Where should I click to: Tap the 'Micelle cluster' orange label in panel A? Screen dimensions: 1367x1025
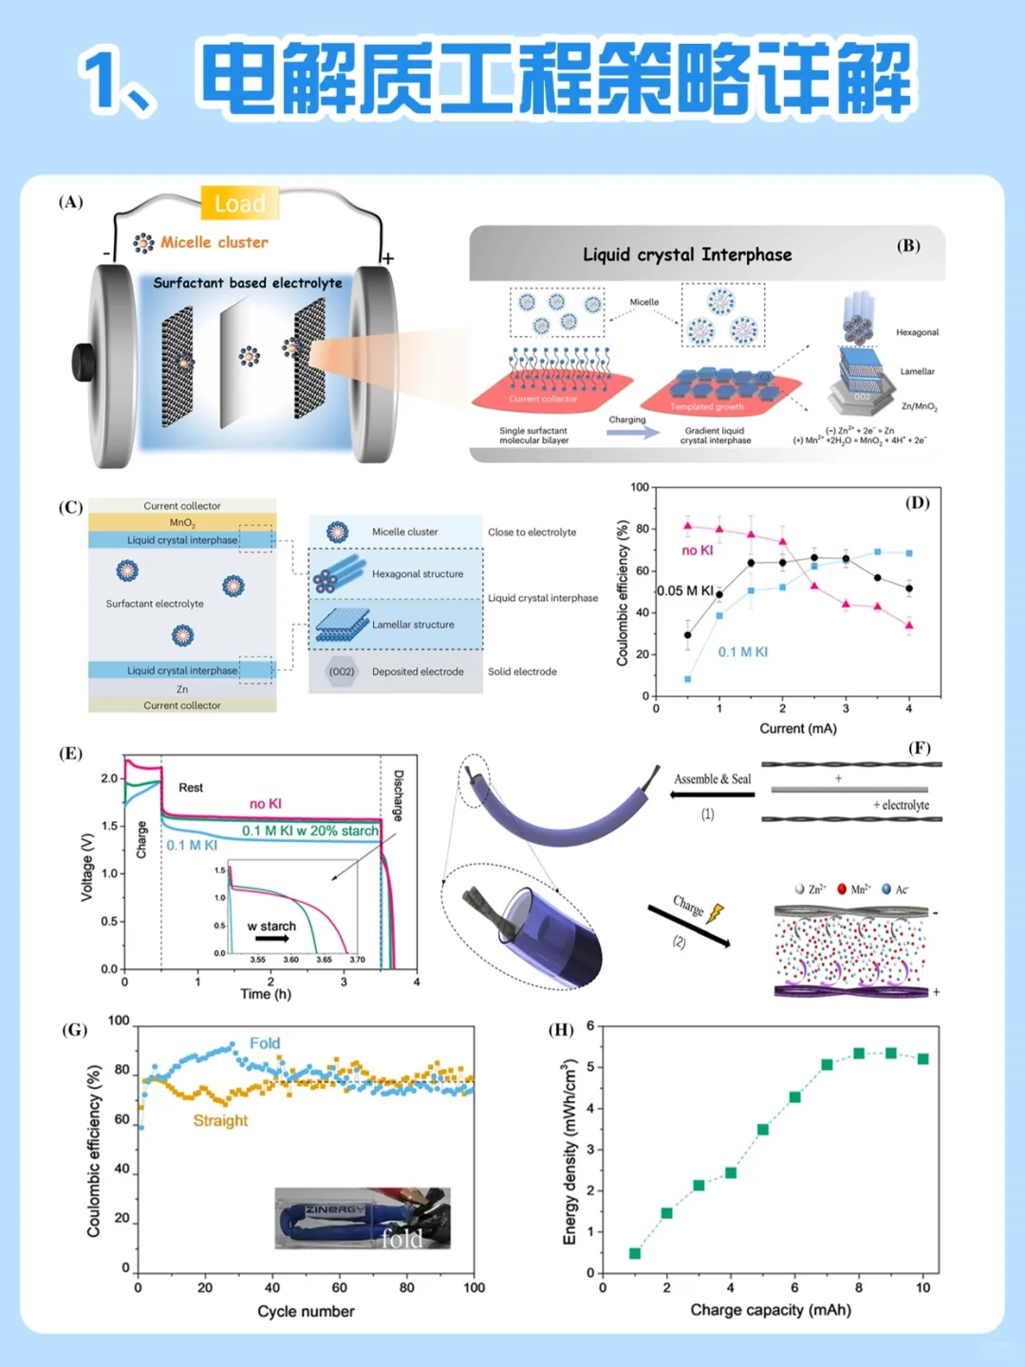point(214,242)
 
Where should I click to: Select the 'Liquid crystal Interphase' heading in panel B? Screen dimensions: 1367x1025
point(687,254)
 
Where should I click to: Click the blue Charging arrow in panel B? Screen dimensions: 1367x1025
point(633,432)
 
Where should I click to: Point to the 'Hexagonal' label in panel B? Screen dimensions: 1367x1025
point(917,332)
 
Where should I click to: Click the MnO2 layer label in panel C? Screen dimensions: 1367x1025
point(182,522)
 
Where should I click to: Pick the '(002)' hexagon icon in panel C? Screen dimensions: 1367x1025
point(341,671)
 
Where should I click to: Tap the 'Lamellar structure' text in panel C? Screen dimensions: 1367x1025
point(413,625)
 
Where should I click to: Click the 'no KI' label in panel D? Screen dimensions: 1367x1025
point(697,551)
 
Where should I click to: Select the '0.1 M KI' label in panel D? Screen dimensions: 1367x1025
point(742,652)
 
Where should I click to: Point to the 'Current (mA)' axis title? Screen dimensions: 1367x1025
point(798,728)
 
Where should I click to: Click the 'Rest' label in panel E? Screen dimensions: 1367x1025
point(191,787)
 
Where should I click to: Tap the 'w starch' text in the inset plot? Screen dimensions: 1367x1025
point(271,926)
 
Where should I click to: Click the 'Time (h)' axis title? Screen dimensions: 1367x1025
point(266,994)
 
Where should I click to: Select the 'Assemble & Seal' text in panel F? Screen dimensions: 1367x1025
point(712,779)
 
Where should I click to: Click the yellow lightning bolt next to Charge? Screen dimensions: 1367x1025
point(715,913)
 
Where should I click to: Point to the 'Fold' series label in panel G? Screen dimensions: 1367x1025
point(265,1043)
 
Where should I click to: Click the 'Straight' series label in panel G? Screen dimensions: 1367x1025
point(220,1120)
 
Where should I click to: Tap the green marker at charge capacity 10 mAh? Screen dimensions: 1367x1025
point(922,1058)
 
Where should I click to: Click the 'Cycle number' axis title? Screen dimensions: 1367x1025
point(306,1311)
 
